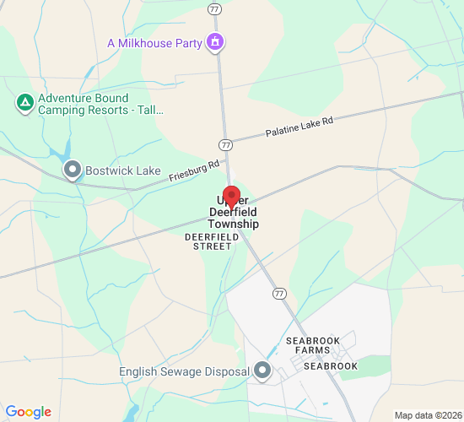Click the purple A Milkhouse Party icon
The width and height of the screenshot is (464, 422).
(216, 41)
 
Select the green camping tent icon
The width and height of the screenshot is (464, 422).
(25, 104)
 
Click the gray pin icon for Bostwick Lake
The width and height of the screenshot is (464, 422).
(73, 170)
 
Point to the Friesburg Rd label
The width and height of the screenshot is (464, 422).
(194, 171)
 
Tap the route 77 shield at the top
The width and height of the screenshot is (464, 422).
(214, 8)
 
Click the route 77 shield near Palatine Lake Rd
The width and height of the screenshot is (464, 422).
(225, 144)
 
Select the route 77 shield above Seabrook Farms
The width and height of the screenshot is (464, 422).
(278, 293)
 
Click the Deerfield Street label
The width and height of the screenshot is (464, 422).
(208, 241)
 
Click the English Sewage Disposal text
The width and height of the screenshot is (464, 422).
(184, 371)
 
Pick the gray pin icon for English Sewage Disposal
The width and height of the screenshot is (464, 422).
(262, 371)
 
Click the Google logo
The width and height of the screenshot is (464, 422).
(28, 412)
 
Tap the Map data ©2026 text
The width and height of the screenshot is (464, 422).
(428, 415)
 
